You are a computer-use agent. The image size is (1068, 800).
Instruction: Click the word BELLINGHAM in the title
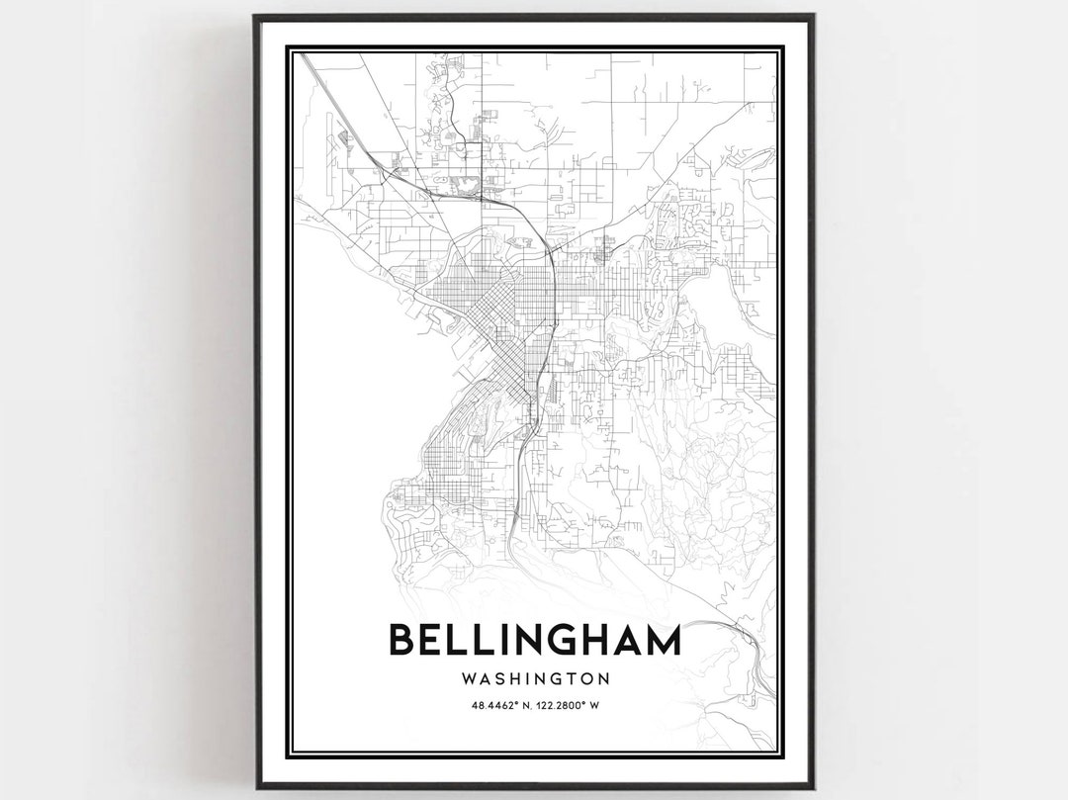535,640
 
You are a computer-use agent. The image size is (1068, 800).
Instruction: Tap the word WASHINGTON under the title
535,678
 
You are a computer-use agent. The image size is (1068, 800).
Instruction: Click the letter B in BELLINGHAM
401,640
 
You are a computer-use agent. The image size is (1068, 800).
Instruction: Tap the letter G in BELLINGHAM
564,640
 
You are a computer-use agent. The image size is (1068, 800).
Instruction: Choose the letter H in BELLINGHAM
597,640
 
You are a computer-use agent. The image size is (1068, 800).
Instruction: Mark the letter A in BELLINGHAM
629,640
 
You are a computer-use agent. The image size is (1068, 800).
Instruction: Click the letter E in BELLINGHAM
430,640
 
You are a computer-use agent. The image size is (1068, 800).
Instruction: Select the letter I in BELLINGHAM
499,640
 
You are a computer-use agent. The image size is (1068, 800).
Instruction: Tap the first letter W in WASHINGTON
468,678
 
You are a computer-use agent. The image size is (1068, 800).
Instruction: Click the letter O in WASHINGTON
582,678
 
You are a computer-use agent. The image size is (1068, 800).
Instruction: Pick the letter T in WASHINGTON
568,678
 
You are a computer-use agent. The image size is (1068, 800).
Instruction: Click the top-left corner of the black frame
255,16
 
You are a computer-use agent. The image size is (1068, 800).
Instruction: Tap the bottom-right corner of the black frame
813,787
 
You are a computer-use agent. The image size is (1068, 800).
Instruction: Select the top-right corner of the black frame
813,16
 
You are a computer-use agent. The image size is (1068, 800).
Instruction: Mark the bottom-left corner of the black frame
255,787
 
